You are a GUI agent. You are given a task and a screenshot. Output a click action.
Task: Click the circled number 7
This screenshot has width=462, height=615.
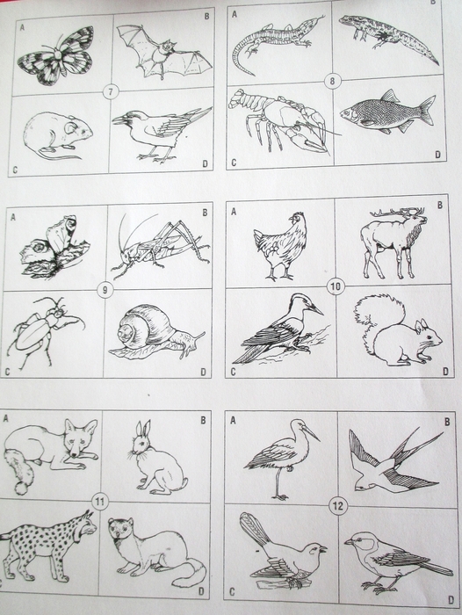(111, 92)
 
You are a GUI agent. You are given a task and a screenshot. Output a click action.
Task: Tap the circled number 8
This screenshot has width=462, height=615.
(333, 82)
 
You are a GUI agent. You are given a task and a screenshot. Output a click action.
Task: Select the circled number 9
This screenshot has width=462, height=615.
(105, 290)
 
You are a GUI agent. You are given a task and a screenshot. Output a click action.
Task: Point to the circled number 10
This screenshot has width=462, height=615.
(336, 286)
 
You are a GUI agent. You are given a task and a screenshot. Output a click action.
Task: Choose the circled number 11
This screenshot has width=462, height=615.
(99, 502)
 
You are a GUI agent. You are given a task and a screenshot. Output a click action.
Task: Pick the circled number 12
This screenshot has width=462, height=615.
(337, 506)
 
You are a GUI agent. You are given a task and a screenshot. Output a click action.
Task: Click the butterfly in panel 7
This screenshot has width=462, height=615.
(55, 55)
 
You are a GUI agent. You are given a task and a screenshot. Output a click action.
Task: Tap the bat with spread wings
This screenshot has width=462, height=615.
(165, 52)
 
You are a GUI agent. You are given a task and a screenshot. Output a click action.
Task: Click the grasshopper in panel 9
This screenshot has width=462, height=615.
(160, 244)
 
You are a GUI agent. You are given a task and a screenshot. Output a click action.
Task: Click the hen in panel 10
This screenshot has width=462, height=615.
(280, 245)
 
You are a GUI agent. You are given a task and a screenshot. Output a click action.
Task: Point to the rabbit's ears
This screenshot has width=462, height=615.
(143, 429)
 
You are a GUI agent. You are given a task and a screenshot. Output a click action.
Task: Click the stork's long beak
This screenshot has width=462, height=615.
(311, 433)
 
